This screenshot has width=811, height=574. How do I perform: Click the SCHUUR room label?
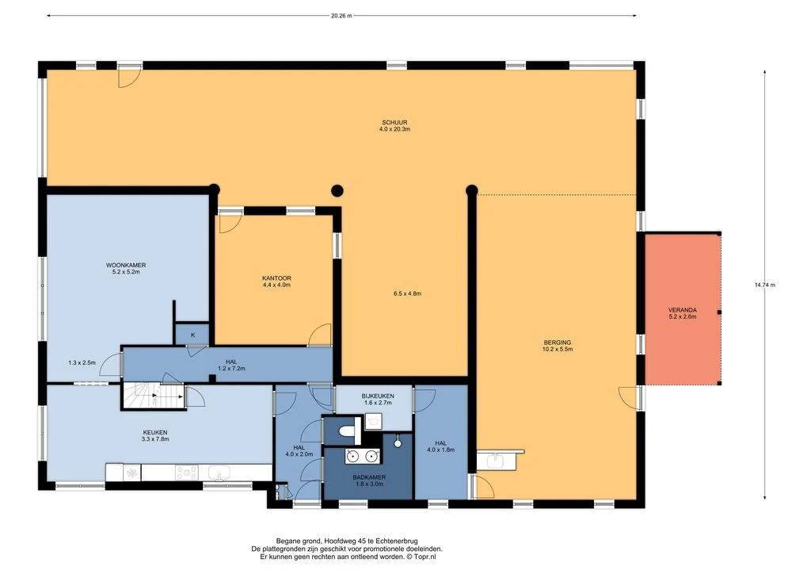coord(394,123)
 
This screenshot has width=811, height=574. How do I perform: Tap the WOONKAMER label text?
coord(126,265)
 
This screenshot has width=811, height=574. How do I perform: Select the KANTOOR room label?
coord(276,278)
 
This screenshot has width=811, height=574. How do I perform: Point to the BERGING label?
coord(558,342)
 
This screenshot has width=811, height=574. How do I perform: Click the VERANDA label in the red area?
coord(682,310)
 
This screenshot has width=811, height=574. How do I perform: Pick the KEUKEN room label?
coord(155,432)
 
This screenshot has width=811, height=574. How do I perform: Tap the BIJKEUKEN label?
coord(378,396)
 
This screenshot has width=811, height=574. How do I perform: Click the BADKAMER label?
coord(369,477)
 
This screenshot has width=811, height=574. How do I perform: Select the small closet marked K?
coord(192,335)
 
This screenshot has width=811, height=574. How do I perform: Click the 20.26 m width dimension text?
coord(341,16)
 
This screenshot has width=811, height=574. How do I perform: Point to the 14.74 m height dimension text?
coord(765,285)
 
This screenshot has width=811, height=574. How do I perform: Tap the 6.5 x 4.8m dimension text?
coord(408,293)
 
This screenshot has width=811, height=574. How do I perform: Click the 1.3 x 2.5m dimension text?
coord(82,363)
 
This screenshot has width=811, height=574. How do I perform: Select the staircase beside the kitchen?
coord(154,396)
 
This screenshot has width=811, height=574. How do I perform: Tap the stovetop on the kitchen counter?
coord(186,473)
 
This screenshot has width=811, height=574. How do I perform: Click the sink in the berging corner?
coord(497,460)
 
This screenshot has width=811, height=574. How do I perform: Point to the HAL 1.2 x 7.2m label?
coord(231,365)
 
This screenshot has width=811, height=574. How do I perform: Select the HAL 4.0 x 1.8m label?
coord(440,446)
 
